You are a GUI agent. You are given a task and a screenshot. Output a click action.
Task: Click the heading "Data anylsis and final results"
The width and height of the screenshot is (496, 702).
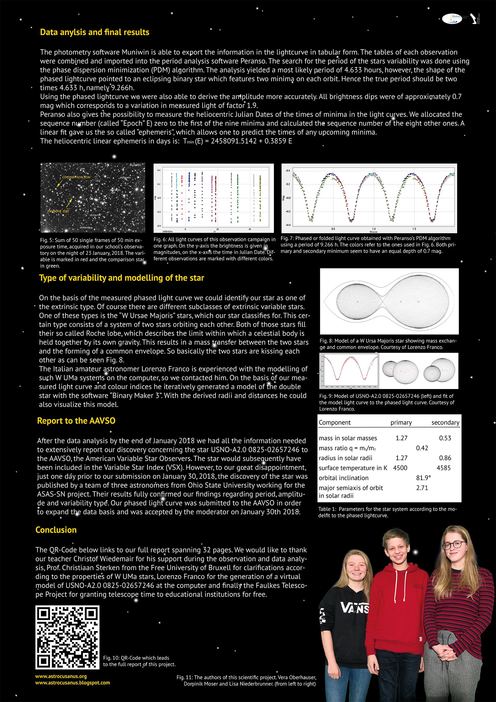pos(95,32)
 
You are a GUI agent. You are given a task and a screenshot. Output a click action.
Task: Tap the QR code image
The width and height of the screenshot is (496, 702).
pos(67,637)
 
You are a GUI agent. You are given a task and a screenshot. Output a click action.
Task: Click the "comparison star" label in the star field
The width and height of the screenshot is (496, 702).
pos(76,177)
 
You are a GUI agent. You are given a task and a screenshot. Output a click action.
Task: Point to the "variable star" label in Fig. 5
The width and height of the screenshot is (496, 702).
pos(58,211)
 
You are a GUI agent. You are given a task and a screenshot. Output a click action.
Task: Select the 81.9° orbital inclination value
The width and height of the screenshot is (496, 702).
pos(423,478)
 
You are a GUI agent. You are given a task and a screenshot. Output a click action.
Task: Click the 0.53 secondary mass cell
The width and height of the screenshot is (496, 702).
pos(445,438)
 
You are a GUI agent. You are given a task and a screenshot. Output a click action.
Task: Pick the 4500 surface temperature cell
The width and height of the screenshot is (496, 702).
pos(400,468)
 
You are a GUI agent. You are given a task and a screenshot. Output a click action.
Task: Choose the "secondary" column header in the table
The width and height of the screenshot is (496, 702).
pos(445,422)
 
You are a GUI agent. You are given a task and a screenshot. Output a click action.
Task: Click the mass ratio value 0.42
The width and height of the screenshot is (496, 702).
pos(422,448)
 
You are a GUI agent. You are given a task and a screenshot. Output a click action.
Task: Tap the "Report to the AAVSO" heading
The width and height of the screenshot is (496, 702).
pos(76,421)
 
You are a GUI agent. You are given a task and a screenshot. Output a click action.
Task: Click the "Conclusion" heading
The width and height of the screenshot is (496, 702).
pos(56,530)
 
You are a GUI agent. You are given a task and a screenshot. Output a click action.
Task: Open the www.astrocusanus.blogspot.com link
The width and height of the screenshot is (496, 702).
pos(72,683)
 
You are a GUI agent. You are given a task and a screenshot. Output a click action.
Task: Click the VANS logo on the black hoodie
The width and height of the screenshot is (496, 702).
pos(355,608)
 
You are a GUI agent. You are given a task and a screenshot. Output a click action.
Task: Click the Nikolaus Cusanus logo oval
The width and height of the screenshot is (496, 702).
pos(452,19)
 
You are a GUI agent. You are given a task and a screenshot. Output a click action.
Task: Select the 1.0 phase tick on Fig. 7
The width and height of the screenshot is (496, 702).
pos(374,229)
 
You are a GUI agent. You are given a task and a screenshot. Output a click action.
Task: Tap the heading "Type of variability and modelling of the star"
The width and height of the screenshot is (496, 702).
pos(121,278)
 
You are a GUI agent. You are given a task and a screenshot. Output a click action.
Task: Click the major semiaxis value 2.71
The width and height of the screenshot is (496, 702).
pos(422,488)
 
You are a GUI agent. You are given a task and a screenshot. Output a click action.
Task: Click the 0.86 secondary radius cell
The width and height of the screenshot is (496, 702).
pos(445,458)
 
